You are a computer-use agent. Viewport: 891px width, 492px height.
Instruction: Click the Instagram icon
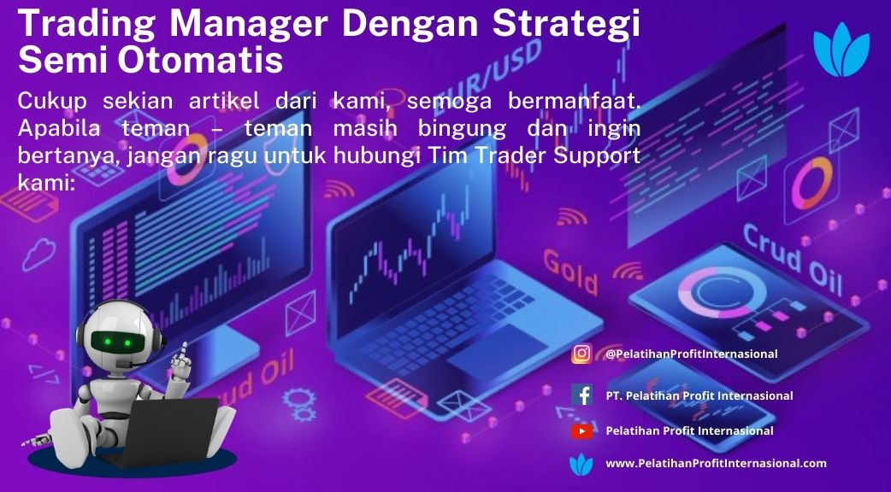coord(581,354)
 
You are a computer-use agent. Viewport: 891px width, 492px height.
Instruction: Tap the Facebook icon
coord(581,395)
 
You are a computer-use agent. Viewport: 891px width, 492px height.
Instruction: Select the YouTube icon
coord(581,431)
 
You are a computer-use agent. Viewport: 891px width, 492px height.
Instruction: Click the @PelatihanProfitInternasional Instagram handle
coord(692,354)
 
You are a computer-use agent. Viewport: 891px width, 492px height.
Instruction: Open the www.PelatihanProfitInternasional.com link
coord(716,464)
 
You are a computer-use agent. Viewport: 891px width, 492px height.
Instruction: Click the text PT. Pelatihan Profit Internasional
coord(699,395)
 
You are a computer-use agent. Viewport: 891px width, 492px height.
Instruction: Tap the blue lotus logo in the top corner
coord(841,50)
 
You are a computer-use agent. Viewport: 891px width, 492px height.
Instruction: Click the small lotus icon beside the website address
coord(581,465)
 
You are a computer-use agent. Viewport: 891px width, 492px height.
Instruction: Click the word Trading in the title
coord(87,26)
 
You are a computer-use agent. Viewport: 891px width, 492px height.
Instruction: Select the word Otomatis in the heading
coord(200,60)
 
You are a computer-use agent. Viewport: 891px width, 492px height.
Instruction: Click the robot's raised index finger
coord(183,350)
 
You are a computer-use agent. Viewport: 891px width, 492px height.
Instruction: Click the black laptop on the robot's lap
coord(169,428)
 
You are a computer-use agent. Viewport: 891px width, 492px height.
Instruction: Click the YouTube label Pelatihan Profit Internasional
coord(689,430)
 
